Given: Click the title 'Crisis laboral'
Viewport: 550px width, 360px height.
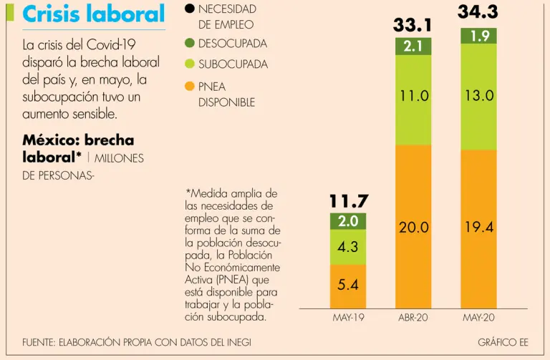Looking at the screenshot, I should point(94,14).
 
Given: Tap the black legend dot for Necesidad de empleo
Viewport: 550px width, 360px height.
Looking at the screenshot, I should point(190,9).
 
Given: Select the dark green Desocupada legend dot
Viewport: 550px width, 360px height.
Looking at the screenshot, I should point(190,44).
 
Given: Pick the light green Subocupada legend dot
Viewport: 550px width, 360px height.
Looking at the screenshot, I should point(190,64).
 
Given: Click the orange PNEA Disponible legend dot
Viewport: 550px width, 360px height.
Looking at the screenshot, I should point(190,87).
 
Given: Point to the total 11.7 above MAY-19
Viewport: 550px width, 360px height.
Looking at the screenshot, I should point(349,202).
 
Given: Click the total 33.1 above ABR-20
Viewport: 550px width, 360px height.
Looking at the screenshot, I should point(413,26).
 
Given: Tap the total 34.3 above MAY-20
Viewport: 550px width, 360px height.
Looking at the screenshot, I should point(478,12).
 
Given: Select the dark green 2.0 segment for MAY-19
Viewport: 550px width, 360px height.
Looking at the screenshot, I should point(349,221).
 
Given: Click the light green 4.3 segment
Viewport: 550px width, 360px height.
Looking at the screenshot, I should point(349,247).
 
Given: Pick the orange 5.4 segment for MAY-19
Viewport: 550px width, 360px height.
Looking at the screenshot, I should point(349,285).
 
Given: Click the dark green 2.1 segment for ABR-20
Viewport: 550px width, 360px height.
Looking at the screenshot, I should point(413,47).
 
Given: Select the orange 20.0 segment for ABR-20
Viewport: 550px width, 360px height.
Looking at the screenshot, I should point(413,228).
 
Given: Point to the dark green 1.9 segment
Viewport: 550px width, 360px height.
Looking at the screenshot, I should point(478,36).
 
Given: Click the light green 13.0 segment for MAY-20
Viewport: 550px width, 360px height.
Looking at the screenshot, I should point(478,95).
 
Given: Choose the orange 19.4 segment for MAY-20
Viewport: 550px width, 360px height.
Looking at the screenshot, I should point(478,228).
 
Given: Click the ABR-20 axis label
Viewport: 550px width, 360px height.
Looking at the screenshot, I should point(413,317).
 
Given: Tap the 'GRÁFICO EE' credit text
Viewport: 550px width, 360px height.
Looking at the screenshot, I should point(503,342).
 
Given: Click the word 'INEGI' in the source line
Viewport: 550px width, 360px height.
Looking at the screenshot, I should point(236,342).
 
